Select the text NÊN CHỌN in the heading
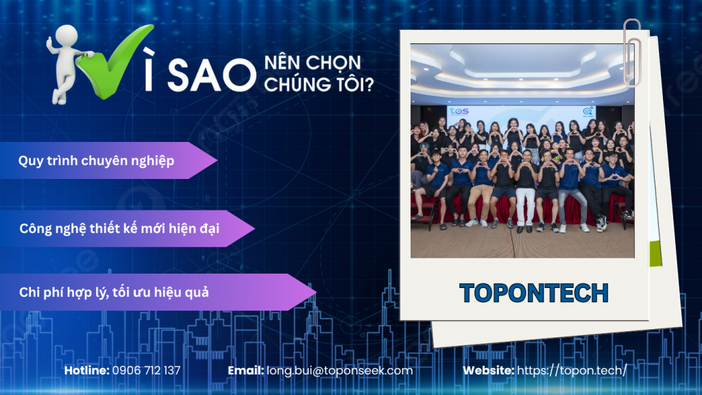pos(312,64)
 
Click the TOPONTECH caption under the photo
pos(533,293)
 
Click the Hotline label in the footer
pos(86,370)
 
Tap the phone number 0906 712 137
pos(145,370)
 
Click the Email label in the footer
pos(245,370)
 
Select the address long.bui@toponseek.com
pos(339,370)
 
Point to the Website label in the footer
pos(488,370)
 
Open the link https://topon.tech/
pos(572,370)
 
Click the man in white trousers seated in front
pos(525,195)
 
